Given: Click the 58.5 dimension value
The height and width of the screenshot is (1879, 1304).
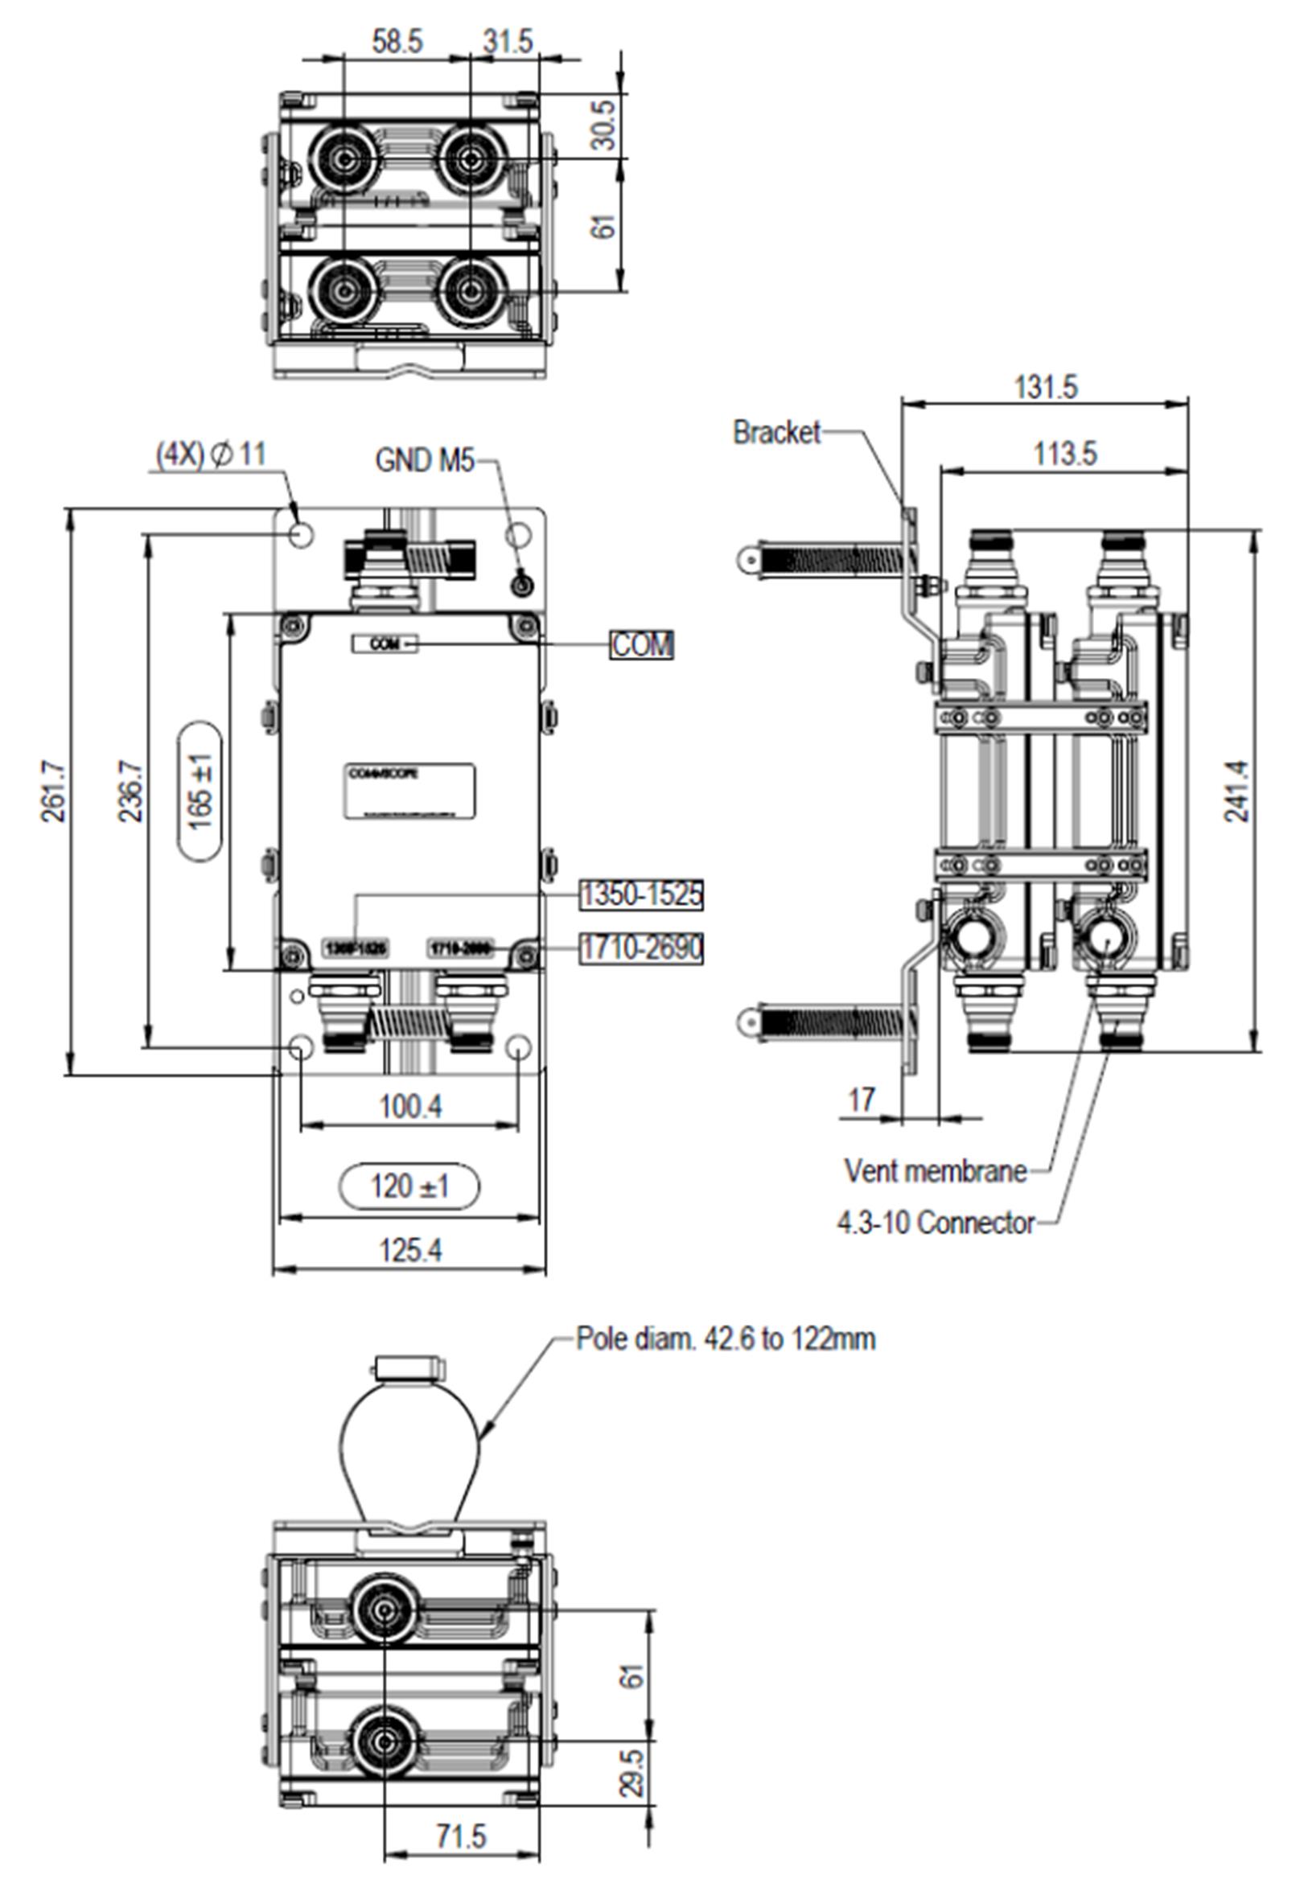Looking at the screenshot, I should (397, 42).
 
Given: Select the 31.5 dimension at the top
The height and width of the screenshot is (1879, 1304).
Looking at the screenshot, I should (508, 41).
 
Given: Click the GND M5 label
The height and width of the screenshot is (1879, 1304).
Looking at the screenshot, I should (424, 461).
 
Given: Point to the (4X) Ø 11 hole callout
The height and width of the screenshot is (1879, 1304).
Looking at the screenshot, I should (212, 454).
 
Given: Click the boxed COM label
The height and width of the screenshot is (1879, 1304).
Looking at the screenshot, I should (642, 645).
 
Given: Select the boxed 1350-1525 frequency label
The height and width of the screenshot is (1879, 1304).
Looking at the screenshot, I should (641, 894).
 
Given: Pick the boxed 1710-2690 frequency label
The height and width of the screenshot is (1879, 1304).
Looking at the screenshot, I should (641, 948).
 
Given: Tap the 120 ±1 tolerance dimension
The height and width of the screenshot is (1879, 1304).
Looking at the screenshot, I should (409, 1186).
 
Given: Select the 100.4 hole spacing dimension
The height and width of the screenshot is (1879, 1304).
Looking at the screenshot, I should (410, 1107).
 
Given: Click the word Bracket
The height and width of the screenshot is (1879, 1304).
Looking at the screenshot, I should (776, 432).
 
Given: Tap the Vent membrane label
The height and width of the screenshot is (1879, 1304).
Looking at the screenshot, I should (935, 1171).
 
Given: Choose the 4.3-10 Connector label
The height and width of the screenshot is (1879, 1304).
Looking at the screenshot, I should (936, 1223).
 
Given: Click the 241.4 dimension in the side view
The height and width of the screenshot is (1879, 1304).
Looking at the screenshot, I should (1237, 791).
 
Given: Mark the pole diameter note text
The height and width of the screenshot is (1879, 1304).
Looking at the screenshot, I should (726, 1339).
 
